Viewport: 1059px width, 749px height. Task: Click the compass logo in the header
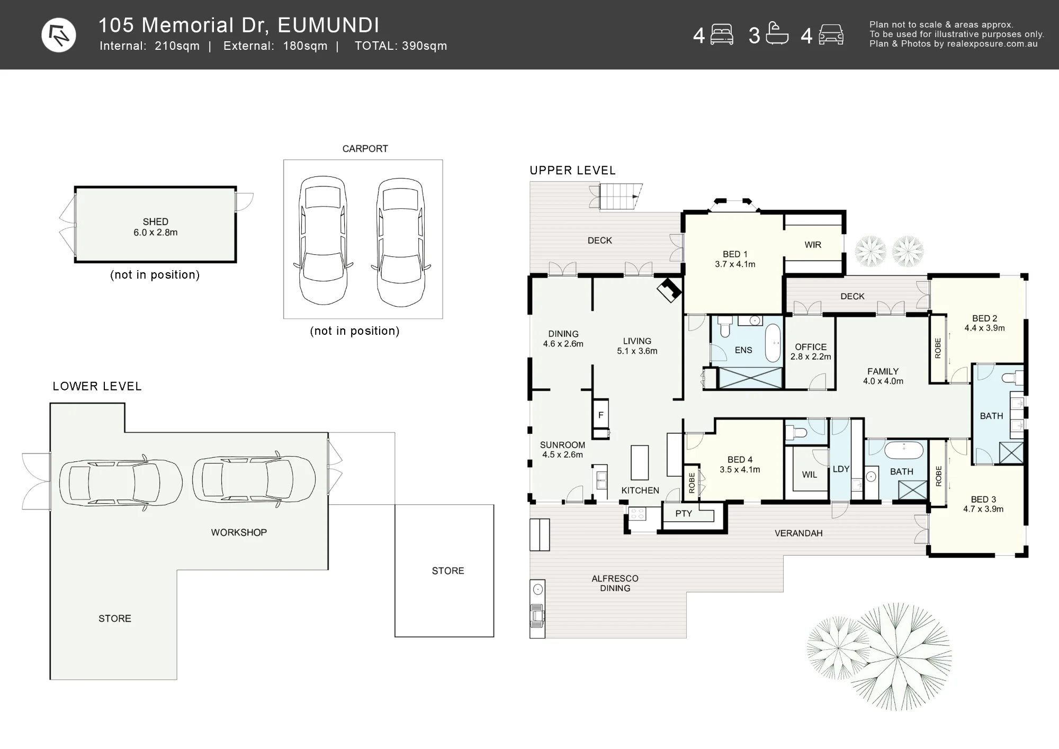pos(59,35)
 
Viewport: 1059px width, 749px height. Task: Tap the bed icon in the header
pos(722,35)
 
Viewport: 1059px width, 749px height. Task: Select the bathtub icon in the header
pos(777,33)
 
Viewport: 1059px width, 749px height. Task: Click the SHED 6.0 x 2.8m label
pos(155,227)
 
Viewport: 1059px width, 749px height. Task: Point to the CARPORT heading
pos(365,149)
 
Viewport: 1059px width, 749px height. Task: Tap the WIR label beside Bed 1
pos(813,245)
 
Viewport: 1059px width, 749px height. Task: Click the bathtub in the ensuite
pos(773,343)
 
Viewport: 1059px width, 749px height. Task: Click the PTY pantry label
pos(684,513)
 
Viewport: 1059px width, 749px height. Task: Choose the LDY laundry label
pos(841,469)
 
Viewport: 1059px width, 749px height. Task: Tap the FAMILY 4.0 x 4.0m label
pos(883,376)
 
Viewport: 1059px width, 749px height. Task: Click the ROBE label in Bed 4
pos(692,483)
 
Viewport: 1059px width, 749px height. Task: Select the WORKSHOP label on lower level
pos(239,532)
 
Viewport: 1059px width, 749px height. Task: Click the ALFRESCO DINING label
pos(615,583)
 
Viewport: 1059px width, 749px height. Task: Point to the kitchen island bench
pos(640,462)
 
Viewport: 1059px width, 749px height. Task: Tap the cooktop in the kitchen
pos(637,513)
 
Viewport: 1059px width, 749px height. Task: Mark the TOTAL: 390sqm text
pos(401,46)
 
